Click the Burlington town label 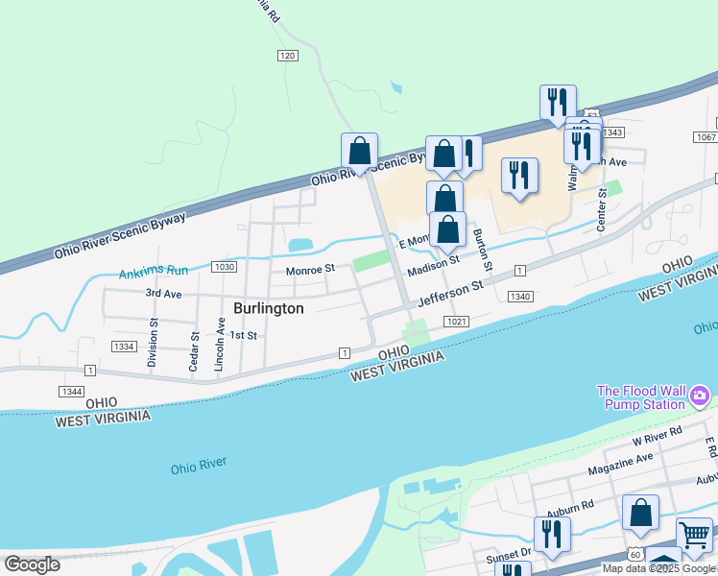[x=269, y=308]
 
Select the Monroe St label [x=310, y=271]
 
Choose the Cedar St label [x=194, y=351]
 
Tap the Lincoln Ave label [x=220, y=346]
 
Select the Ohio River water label [x=199, y=465]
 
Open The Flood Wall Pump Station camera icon [x=700, y=396]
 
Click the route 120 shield [x=287, y=57]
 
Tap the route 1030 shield [x=225, y=266]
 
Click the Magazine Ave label [x=619, y=465]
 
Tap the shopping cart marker [x=694, y=533]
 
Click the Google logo [x=32, y=564]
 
